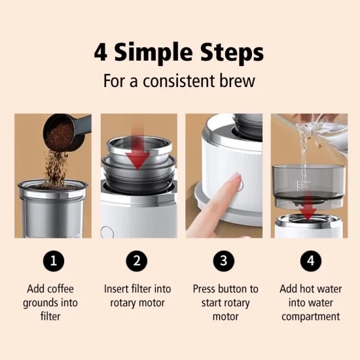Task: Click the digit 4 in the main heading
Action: point(100,52)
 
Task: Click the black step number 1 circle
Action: point(53,261)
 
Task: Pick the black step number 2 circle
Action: point(137,261)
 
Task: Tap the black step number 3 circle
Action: point(224,261)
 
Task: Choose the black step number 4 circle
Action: point(311,261)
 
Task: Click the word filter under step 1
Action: point(50,316)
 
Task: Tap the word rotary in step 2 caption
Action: point(123,303)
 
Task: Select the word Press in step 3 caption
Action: point(205,289)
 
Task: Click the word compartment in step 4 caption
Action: point(311,317)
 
